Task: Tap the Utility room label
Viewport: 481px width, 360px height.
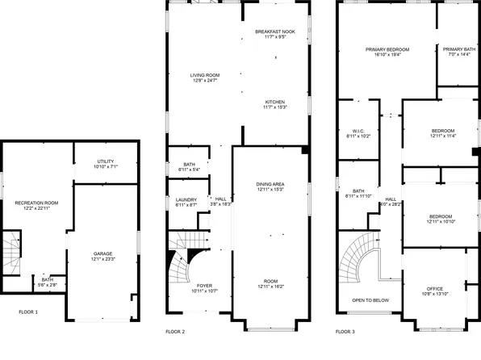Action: click(106, 161)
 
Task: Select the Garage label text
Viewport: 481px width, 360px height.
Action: click(102, 253)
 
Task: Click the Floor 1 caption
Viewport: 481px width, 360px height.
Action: click(28, 311)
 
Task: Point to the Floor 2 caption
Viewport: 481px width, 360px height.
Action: click(175, 331)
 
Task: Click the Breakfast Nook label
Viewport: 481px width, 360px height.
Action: click(275, 31)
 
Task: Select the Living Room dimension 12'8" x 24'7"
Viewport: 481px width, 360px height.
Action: click(205, 80)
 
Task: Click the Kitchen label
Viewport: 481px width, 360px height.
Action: click(275, 102)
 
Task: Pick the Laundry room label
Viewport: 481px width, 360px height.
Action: click(186, 200)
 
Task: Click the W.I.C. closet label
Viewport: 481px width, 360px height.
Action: click(359, 131)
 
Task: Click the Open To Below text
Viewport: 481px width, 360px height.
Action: click(370, 299)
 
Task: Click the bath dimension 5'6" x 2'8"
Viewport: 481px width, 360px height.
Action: click(47, 285)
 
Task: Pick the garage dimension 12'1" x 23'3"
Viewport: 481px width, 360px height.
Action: click(102, 258)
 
